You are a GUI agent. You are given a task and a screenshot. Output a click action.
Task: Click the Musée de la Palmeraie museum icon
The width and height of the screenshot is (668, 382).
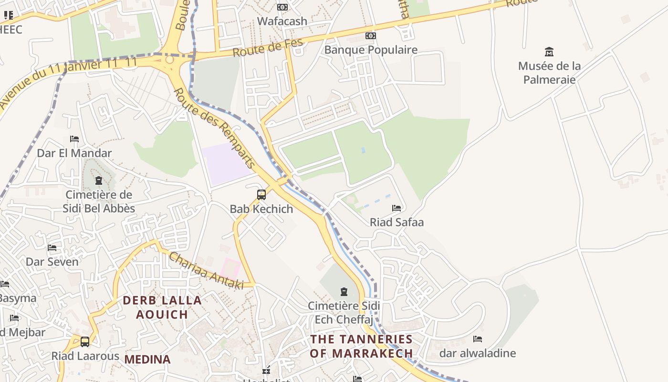click(549, 52)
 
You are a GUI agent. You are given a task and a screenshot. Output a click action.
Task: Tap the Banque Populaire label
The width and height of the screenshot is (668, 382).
click(371, 50)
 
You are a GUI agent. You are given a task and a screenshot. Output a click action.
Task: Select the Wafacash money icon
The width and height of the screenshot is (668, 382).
click(282, 7)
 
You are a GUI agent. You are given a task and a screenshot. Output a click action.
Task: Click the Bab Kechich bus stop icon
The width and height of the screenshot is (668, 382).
click(261, 195)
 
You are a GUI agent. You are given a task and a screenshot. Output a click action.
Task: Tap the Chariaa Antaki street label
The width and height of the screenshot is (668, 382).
click(206, 271)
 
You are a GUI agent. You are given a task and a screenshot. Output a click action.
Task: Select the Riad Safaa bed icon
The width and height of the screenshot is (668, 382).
click(397, 208)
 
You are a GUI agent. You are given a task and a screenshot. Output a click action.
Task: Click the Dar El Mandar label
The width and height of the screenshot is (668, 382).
click(74, 153)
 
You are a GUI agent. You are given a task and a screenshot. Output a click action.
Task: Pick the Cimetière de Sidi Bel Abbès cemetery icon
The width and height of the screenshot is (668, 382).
click(99, 180)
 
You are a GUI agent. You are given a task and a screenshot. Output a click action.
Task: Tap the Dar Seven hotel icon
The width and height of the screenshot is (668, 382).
click(52, 248)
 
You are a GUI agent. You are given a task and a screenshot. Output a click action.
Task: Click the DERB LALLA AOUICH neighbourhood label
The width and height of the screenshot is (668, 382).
click(162, 307)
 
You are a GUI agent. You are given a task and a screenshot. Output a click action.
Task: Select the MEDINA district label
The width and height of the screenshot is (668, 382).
click(147, 360)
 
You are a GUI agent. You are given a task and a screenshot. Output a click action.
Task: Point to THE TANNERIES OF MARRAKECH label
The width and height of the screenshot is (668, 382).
click(361, 346)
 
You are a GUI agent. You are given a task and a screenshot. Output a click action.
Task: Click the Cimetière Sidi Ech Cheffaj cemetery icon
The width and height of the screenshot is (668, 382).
click(344, 291)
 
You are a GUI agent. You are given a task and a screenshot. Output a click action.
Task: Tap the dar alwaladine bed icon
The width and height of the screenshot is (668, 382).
click(478, 339)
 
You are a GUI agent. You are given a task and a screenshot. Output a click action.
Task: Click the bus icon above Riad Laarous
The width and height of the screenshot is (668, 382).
click(85, 342)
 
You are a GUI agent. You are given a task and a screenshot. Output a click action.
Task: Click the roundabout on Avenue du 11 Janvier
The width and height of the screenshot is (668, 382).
click(170, 61)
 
